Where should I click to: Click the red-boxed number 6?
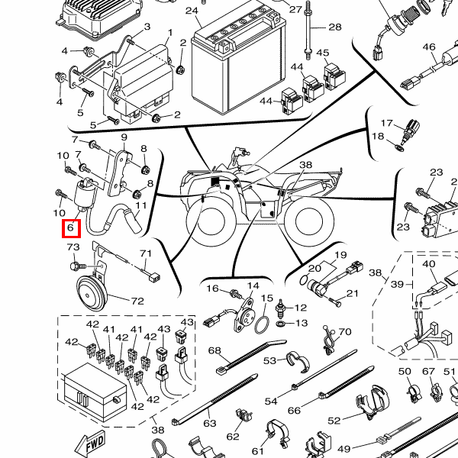(x=69, y=228)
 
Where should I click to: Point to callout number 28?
(x=334, y=27)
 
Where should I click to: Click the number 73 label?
(x=73, y=247)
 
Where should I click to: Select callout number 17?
(x=387, y=124)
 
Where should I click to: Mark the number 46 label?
(x=428, y=47)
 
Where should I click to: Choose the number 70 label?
(x=345, y=332)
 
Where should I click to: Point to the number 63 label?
(x=210, y=421)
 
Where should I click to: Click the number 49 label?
(x=343, y=449)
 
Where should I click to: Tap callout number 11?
(x=141, y=205)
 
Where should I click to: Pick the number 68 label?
(x=214, y=351)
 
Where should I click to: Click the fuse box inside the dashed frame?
(x=93, y=387)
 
